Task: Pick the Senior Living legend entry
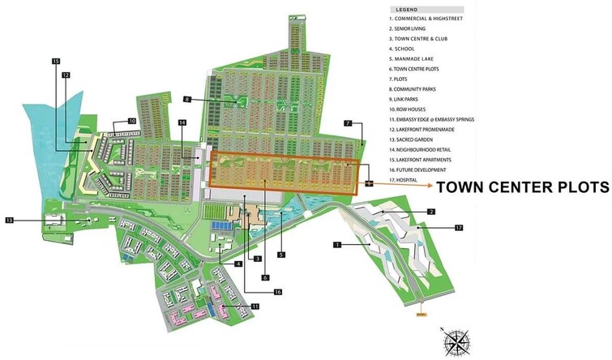[414, 28]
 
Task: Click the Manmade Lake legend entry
[415, 58]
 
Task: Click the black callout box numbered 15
[55, 62]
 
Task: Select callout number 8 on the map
[186, 99]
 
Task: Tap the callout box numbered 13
[10, 220]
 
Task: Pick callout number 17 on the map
[458, 229]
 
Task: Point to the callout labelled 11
[255, 306]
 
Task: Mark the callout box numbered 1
[336, 243]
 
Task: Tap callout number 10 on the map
[132, 122]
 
